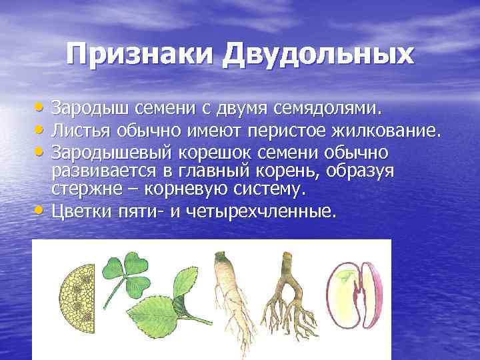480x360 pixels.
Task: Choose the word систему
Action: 269,189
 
